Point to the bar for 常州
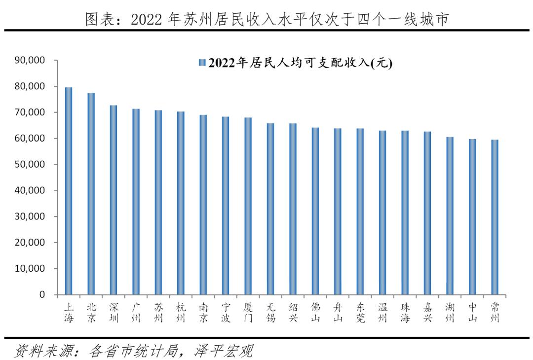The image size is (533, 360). click(495, 217)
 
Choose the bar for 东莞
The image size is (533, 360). click(360, 212)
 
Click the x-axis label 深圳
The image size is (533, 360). click(114, 312)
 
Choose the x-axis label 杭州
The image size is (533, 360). click(181, 312)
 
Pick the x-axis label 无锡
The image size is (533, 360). click(270, 312)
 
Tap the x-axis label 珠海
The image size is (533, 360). click(405, 312)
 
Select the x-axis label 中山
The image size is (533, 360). click(472, 312)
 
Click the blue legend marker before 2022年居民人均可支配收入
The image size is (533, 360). click(201, 63)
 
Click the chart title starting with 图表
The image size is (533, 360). click(266, 19)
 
